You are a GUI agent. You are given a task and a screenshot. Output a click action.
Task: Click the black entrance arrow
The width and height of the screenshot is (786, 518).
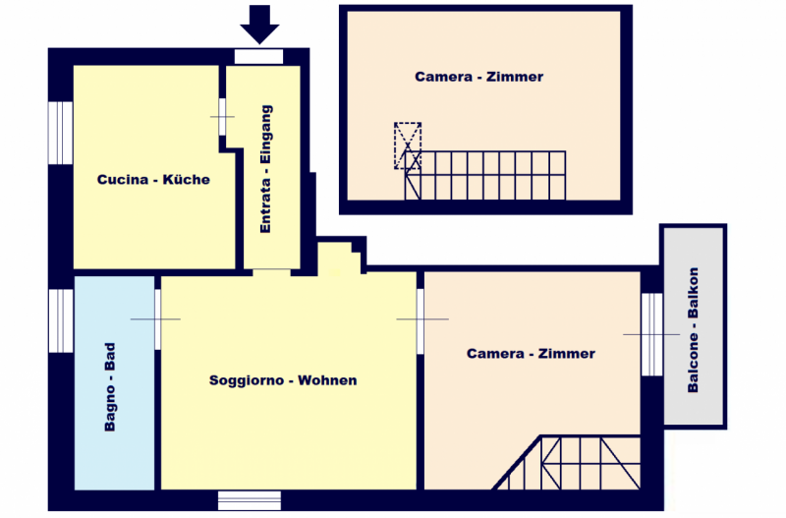[259, 24]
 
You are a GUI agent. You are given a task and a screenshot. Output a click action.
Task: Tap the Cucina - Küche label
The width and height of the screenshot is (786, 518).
[153, 180]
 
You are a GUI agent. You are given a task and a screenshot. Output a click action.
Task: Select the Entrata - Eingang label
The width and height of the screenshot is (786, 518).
[265, 169]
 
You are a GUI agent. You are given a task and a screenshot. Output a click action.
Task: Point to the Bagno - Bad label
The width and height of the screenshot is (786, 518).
[110, 386]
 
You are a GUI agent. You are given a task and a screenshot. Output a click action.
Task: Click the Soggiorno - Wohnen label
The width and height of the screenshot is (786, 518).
[283, 380]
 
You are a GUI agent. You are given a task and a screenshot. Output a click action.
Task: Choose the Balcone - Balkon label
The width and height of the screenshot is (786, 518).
[693, 330]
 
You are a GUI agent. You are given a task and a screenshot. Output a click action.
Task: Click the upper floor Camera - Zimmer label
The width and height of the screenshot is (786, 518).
[479, 77]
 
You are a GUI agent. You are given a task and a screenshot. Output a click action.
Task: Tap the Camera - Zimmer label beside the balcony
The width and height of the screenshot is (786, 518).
[531, 354]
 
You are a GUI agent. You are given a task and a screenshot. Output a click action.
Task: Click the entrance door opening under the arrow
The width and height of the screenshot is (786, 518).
[258, 56]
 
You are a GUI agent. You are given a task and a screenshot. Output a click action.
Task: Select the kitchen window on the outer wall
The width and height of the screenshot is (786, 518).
[61, 133]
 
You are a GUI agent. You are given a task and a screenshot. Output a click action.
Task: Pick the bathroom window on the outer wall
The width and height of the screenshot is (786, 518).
[61, 321]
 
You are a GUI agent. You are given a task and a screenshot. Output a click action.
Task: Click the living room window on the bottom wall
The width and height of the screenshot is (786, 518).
[250, 500]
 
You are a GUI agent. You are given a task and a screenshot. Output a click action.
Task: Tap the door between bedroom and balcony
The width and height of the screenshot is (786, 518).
[652, 334]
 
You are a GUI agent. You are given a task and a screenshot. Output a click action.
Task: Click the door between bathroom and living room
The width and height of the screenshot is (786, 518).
[157, 319]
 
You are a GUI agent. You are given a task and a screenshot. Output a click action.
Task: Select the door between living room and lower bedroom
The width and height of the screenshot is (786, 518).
[421, 321]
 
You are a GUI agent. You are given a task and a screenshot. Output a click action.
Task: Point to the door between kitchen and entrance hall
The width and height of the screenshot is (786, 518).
[222, 117]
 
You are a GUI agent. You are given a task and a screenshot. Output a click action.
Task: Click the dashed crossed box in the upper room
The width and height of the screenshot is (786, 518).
[408, 145]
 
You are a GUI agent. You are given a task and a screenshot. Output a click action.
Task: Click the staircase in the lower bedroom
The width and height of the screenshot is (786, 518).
[567, 463]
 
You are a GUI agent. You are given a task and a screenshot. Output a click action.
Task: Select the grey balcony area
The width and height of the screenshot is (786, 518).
[694, 326]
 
